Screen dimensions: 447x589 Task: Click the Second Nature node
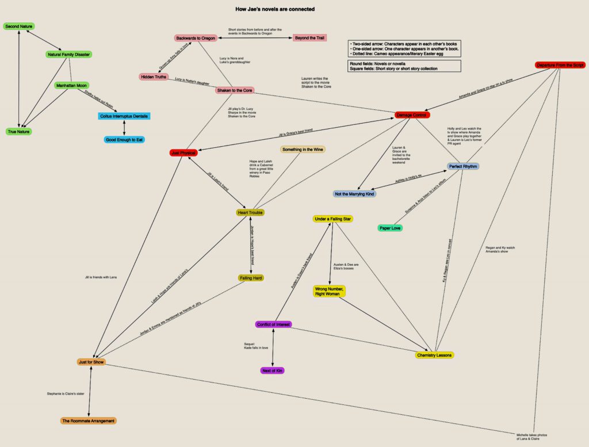click(18, 26)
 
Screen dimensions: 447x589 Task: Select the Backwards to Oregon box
click(196, 38)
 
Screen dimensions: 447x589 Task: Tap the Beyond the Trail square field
click(310, 38)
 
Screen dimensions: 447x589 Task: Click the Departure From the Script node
click(560, 65)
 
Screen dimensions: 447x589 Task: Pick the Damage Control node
click(412, 115)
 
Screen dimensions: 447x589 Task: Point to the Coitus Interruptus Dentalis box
click(125, 116)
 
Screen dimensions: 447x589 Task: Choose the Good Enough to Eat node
click(124, 140)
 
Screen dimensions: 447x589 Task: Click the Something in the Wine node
click(303, 150)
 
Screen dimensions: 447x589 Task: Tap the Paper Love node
click(390, 228)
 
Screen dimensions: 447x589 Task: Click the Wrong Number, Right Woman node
click(330, 291)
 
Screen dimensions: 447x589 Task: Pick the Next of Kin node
click(272, 370)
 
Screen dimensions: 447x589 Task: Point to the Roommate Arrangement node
click(89, 421)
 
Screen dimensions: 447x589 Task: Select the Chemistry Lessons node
click(434, 355)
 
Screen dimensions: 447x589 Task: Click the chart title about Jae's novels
click(276, 9)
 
